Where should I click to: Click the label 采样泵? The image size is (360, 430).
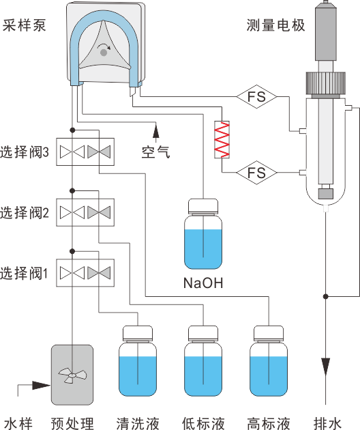tap(24, 25)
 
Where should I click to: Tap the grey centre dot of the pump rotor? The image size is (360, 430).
tap(103, 52)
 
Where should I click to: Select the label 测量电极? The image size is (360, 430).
tap(275, 25)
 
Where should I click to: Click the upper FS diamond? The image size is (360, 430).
tap(257, 96)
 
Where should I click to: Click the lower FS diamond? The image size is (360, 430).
tap(257, 173)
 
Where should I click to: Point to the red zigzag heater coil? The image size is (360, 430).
tap(222, 140)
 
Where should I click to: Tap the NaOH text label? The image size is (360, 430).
tap(203, 283)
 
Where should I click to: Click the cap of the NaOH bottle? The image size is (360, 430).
tap(203, 206)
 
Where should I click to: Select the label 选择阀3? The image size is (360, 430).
tap(24, 152)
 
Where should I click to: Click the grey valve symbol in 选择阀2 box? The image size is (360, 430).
tap(99, 212)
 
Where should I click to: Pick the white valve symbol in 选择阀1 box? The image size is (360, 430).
tap(72, 273)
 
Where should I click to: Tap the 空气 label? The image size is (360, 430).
tap(155, 152)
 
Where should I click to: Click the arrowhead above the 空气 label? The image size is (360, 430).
tap(156, 130)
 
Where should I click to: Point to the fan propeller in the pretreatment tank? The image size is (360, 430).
tap(72, 375)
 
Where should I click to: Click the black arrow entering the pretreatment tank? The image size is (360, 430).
tap(41, 385)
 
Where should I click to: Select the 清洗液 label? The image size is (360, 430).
tap(138, 423)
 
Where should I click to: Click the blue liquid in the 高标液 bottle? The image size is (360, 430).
tap(269, 376)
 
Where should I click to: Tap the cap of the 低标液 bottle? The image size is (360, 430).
tap(203, 333)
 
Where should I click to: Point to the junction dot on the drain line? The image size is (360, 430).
tap(325, 296)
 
